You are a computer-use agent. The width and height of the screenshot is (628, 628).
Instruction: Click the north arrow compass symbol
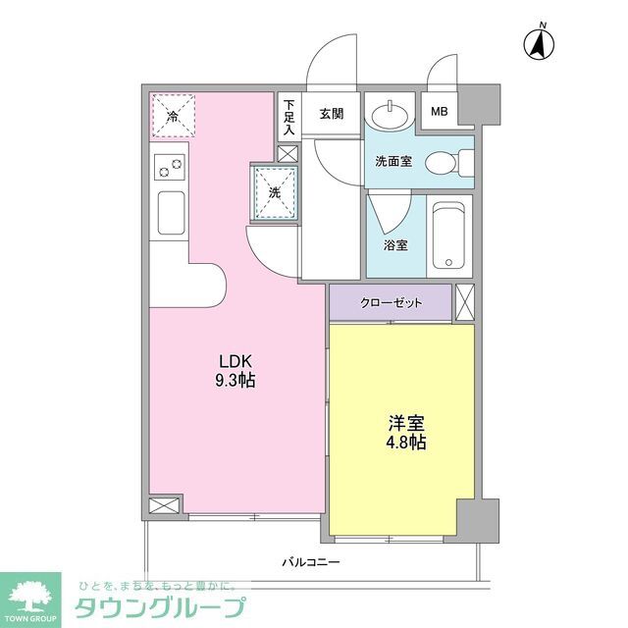pyautogui.click(x=539, y=44)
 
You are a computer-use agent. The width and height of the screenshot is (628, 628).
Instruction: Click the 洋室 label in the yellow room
pyautogui.click(x=402, y=424)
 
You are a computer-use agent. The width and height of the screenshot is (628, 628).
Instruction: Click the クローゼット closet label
pyautogui.click(x=391, y=302)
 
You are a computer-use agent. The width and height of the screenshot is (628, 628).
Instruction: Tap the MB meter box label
pyautogui.click(x=439, y=111)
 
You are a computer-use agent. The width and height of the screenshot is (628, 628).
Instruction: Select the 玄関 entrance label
pyautogui.click(x=331, y=114)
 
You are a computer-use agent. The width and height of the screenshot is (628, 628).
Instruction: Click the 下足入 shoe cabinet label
pyautogui.click(x=288, y=117)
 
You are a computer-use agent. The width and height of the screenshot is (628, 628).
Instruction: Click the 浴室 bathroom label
pyautogui.click(x=395, y=244)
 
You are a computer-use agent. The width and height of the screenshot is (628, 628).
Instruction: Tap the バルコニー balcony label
pyautogui.click(x=310, y=562)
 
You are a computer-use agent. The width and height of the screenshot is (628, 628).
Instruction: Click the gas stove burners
pyautogui.click(x=169, y=168)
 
